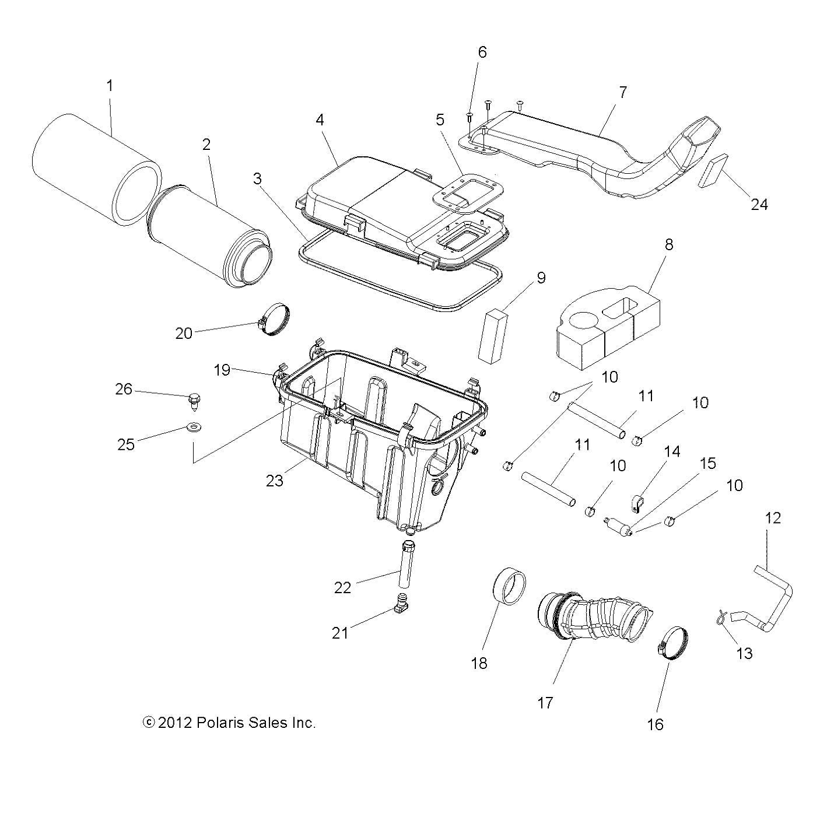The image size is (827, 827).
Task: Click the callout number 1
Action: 109,86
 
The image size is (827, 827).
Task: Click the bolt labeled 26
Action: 193,402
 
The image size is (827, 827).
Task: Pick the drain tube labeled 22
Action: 407,565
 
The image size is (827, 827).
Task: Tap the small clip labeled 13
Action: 721,618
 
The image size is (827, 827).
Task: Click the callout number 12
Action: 773,518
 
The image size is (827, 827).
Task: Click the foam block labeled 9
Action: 493,337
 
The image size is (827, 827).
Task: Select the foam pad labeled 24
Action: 712,170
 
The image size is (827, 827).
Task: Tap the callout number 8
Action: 668,244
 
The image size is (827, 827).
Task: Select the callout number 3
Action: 257,179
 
